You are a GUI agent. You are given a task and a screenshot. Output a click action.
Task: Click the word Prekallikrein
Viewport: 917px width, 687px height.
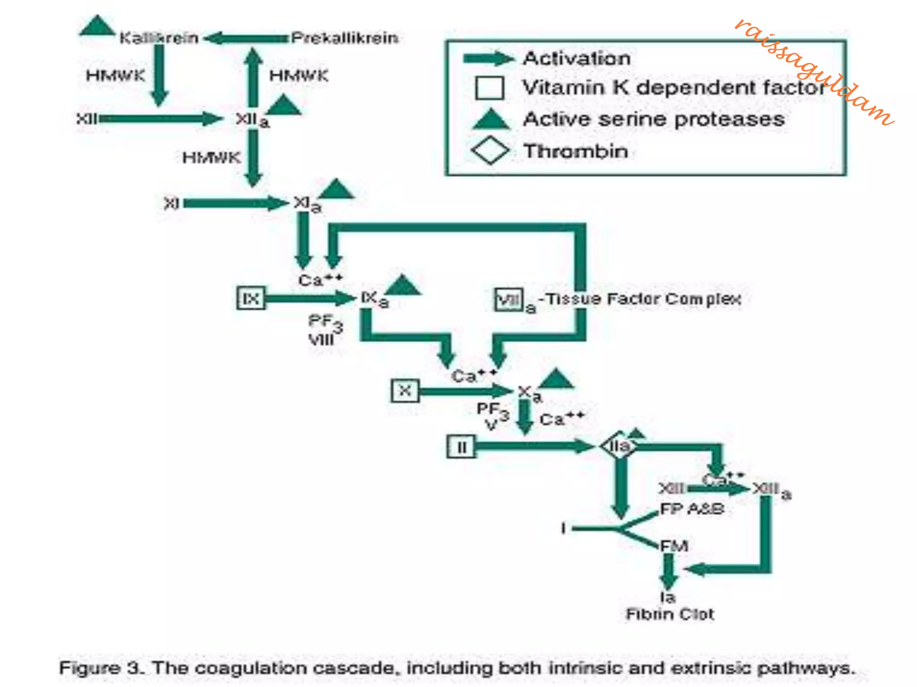[344, 38]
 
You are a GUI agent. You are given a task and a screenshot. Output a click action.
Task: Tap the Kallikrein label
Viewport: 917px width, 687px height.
[159, 38]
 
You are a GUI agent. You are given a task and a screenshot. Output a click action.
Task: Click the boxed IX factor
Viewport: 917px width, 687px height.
[251, 298]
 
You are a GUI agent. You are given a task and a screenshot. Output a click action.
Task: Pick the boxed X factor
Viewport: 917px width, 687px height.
[405, 391]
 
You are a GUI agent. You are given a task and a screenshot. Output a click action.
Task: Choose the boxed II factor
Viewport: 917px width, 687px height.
[461, 447]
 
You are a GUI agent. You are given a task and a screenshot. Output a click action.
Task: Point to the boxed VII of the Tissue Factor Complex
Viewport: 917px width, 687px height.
[509, 299]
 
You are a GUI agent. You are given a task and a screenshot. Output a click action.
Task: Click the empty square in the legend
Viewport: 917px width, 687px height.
[489, 88]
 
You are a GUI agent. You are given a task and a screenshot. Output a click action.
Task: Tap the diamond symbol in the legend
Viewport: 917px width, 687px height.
[490, 150]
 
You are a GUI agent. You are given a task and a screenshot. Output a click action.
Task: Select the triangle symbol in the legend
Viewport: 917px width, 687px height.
[491, 120]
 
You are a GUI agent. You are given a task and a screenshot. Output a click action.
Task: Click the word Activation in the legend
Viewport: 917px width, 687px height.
[577, 59]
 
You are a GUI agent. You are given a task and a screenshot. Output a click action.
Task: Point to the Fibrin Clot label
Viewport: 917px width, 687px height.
[670, 614]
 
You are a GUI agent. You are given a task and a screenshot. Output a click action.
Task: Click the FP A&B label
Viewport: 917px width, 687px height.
[692, 509]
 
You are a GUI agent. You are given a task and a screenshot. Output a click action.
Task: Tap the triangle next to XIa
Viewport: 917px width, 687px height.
[337, 190]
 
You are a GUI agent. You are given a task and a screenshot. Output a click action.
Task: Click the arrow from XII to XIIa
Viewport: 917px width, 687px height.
[161, 119]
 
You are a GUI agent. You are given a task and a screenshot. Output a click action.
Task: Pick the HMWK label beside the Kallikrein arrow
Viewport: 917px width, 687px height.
[116, 75]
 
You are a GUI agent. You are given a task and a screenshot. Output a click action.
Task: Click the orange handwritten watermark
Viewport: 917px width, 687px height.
[815, 72]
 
